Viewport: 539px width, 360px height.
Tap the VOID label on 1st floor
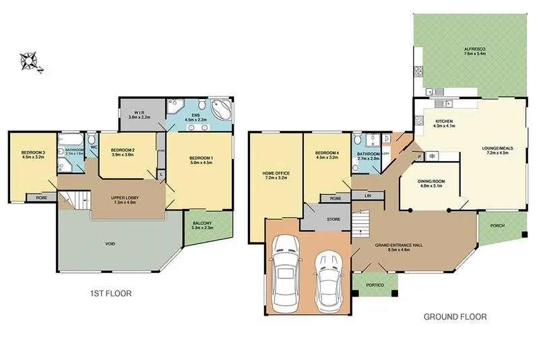109,243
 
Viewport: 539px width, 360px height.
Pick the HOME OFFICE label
275,175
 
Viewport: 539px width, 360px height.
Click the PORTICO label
375,285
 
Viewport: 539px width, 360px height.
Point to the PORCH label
497,226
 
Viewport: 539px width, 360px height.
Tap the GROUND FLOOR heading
454,316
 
